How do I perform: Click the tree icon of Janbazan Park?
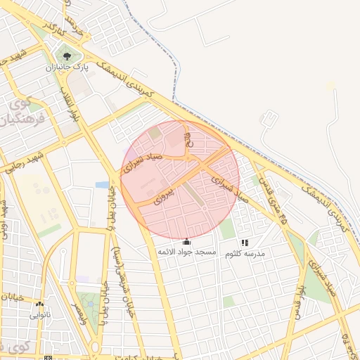coord(66,55)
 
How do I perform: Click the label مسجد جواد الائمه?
coord(186,252)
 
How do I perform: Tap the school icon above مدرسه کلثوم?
coord(245,243)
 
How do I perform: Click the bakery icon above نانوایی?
coord(39,304)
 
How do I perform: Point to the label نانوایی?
coord(39,315)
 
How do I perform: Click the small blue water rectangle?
coord(103,185)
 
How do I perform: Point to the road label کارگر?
coord(55,29)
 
